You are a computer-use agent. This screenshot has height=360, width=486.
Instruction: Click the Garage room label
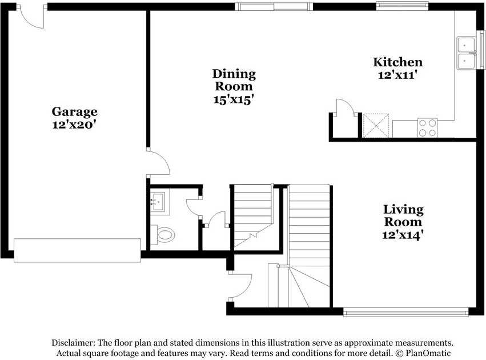coord(74,111)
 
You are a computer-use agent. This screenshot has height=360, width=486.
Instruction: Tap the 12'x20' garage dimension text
coord(74,125)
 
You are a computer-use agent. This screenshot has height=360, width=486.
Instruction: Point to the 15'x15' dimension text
coord(234,99)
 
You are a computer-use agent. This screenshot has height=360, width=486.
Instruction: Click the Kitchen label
coord(397,62)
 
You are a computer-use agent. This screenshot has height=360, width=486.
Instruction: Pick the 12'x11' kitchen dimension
coord(397,75)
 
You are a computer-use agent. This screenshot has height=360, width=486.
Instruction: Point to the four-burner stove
coord(427,127)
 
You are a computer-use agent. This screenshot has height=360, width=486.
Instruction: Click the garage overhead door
coord(77,250)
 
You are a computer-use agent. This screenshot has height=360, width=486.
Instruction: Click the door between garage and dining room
coord(158,163)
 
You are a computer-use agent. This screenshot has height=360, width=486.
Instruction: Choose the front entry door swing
coord(240,286)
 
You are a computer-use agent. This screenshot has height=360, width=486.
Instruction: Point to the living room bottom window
coord(405,312)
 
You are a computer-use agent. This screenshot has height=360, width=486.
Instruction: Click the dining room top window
coord(274,6)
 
